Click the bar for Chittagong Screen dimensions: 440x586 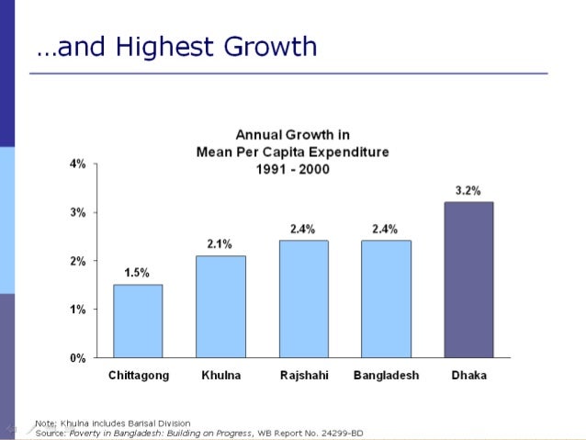click(138, 321)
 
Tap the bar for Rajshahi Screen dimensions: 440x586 click(303, 299)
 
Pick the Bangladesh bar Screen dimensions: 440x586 click(386, 299)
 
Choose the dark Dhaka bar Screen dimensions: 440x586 click(468, 279)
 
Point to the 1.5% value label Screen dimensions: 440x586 click(137, 273)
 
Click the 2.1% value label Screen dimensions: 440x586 click(220, 243)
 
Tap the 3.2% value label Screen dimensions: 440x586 click(468, 190)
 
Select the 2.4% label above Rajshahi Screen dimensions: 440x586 click(303, 229)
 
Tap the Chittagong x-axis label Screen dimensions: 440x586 click(137, 376)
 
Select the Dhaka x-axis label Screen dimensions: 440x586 click(468, 376)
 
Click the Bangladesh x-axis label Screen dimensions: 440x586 click(386, 376)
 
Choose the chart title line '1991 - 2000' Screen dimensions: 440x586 click(292, 169)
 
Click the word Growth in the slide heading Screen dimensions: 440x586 click(272, 47)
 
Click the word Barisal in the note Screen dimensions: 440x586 click(137, 422)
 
